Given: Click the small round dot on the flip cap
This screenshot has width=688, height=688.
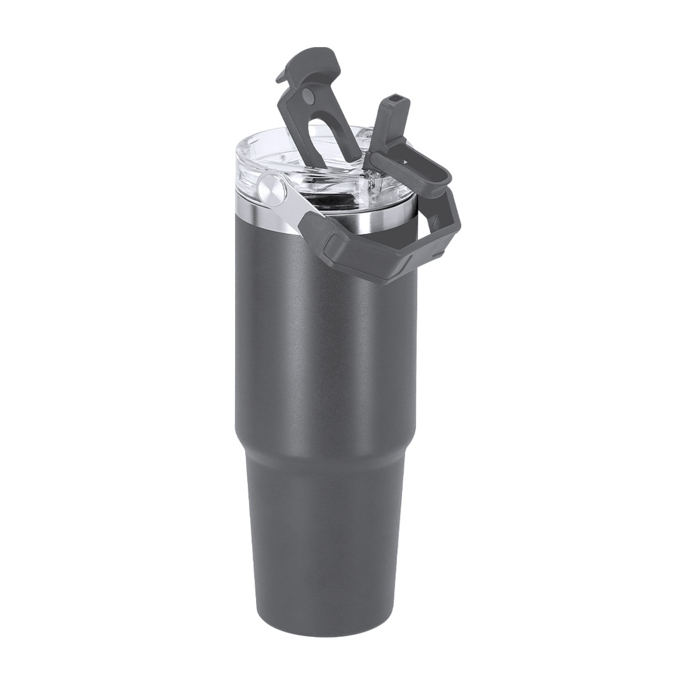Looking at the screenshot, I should pyautogui.click(x=308, y=97).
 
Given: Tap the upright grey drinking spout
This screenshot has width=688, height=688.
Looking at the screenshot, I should pyautogui.click(x=390, y=128).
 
